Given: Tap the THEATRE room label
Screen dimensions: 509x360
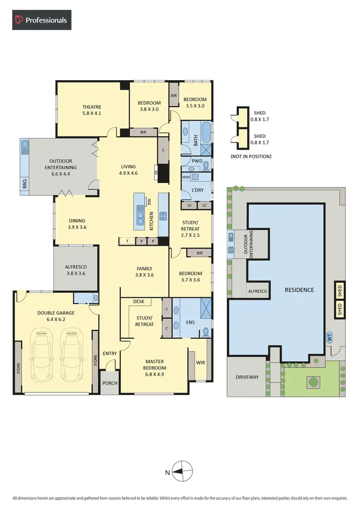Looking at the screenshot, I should [x=91, y=107].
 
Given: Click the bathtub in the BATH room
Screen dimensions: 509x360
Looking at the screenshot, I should [x=206, y=130].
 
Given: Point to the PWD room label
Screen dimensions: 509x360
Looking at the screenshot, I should [x=197, y=161].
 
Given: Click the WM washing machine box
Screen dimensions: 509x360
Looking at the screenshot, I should [x=186, y=178].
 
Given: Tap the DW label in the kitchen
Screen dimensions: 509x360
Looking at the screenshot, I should [x=149, y=202].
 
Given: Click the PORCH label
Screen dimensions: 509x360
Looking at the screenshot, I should [x=110, y=383].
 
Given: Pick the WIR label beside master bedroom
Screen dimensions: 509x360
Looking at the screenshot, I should [x=200, y=362].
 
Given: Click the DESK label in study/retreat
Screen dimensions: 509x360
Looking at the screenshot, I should [x=139, y=302].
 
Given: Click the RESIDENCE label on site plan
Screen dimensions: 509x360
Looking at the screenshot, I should [x=299, y=290].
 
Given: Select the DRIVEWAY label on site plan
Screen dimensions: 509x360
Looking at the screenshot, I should [x=247, y=377].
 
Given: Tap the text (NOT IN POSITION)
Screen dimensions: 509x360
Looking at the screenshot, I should [x=251, y=156].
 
